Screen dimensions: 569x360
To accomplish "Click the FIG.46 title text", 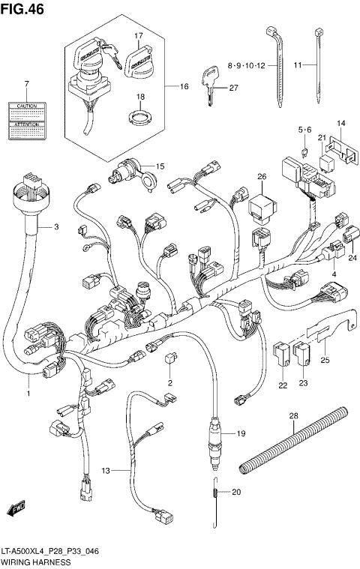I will tap(21, 8).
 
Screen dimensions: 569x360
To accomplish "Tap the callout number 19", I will tap(241, 434).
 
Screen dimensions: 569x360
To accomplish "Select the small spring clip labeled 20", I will tap(214, 493).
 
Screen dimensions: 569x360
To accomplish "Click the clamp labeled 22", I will tap(283, 352).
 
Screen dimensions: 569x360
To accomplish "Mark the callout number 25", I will tap(325, 361).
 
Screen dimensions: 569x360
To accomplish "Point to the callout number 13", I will tap(106, 471).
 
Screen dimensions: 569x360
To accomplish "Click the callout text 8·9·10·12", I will tap(246, 66).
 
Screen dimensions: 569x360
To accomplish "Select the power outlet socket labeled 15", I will tap(124, 178).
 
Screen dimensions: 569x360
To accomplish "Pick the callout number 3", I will tap(55, 226).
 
